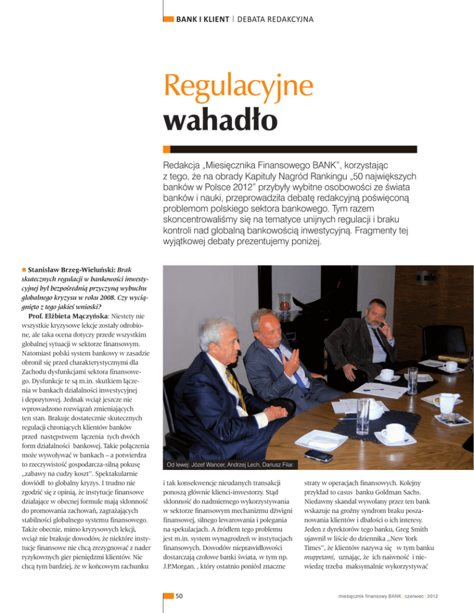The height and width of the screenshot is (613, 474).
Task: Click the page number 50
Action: (x=180, y=596)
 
